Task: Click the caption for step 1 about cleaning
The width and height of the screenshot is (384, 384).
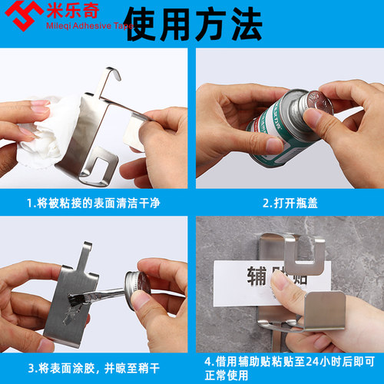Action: (93, 204)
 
